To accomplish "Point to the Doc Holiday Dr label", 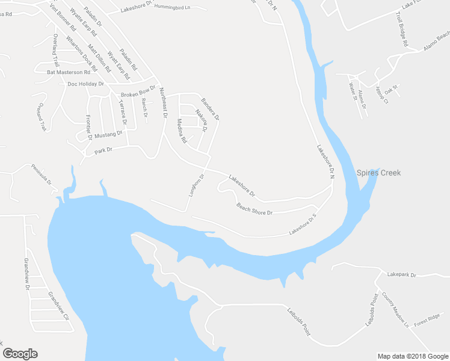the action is [x=86, y=84].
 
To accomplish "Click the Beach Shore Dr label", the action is [x=254, y=209].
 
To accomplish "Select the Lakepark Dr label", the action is [x=402, y=274].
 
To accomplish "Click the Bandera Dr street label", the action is [x=210, y=108].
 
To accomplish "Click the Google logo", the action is [x=20, y=354].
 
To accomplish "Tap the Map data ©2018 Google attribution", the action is [x=412, y=356].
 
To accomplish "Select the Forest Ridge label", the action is [x=427, y=317].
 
